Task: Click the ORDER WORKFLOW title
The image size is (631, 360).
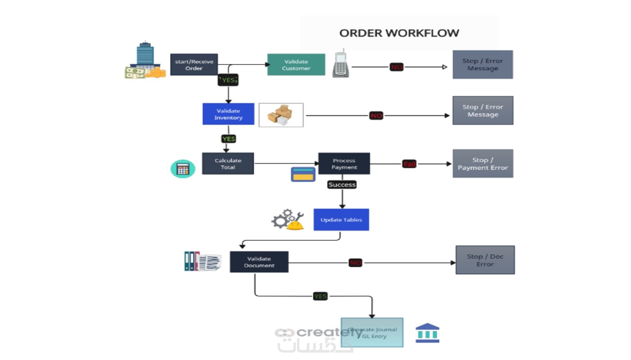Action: click(x=399, y=33)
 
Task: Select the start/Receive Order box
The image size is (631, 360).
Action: click(x=194, y=65)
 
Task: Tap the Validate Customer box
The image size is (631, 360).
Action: click(x=296, y=65)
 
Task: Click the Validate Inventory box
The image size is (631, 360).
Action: click(x=228, y=114)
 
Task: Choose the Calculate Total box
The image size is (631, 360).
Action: click(x=228, y=164)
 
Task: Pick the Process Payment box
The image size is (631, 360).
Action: click(x=344, y=164)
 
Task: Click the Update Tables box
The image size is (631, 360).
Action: click(x=341, y=220)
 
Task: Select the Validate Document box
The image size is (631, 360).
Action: click(x=259, y=262)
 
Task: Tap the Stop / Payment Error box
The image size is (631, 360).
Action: click(x=483, y=164)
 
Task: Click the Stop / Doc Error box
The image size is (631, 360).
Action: click(x=485, y=260)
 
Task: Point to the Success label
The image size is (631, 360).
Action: click(x=342, y=184)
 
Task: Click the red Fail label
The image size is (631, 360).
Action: click(x=409, y=164)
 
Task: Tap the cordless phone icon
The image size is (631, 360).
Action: click(x=341, y=64)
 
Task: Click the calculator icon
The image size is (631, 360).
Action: click(x=183, y=169)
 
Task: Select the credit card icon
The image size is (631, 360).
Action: click(x=303, y=174)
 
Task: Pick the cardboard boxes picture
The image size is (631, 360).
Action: click(x=281, y=115)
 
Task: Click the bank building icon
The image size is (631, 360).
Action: click(x=427, y=333)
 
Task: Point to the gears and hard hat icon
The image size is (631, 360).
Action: click(x=288, y=220)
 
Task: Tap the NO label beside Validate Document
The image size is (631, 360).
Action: click(x=355, y=263)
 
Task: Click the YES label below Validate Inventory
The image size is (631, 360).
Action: click(x=229, y=139)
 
